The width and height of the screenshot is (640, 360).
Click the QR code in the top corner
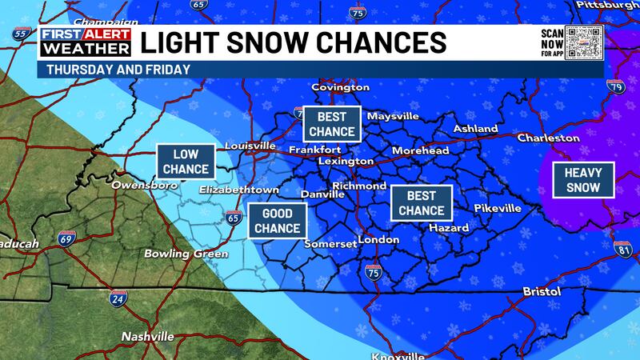(582, 43)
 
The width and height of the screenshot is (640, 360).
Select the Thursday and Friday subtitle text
(118, 70)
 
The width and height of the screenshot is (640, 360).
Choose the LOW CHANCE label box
(186, 162)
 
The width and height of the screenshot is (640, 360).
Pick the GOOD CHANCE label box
(277, 222)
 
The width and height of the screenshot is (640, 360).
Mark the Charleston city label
(548, 138)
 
